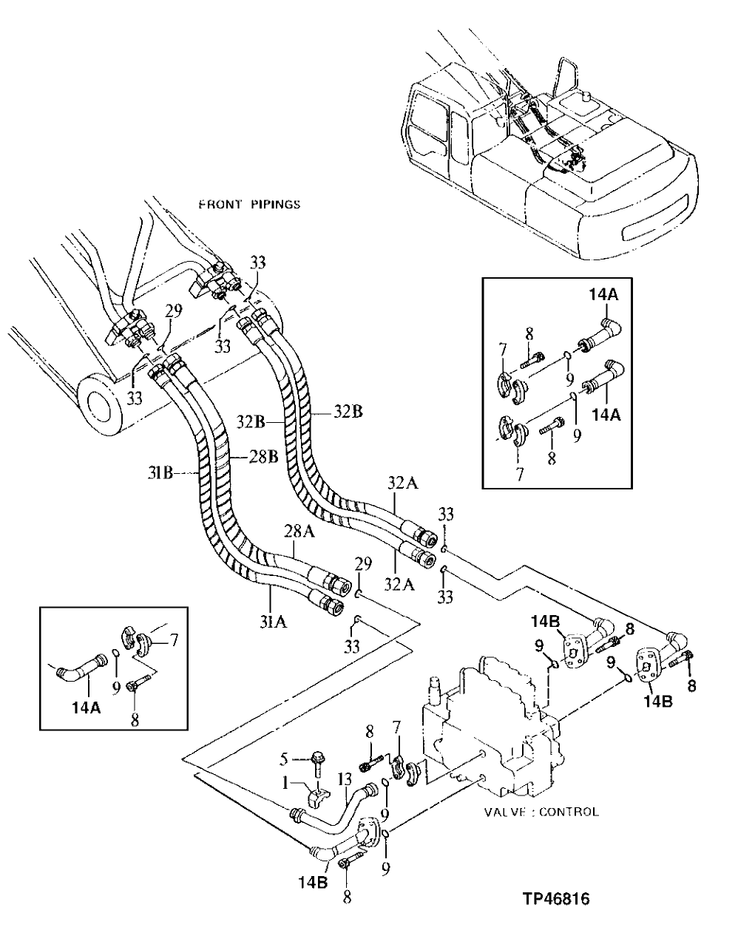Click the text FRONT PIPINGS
coord(249,204)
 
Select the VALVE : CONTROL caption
coord(541,812)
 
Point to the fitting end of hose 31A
coord(331,604)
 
